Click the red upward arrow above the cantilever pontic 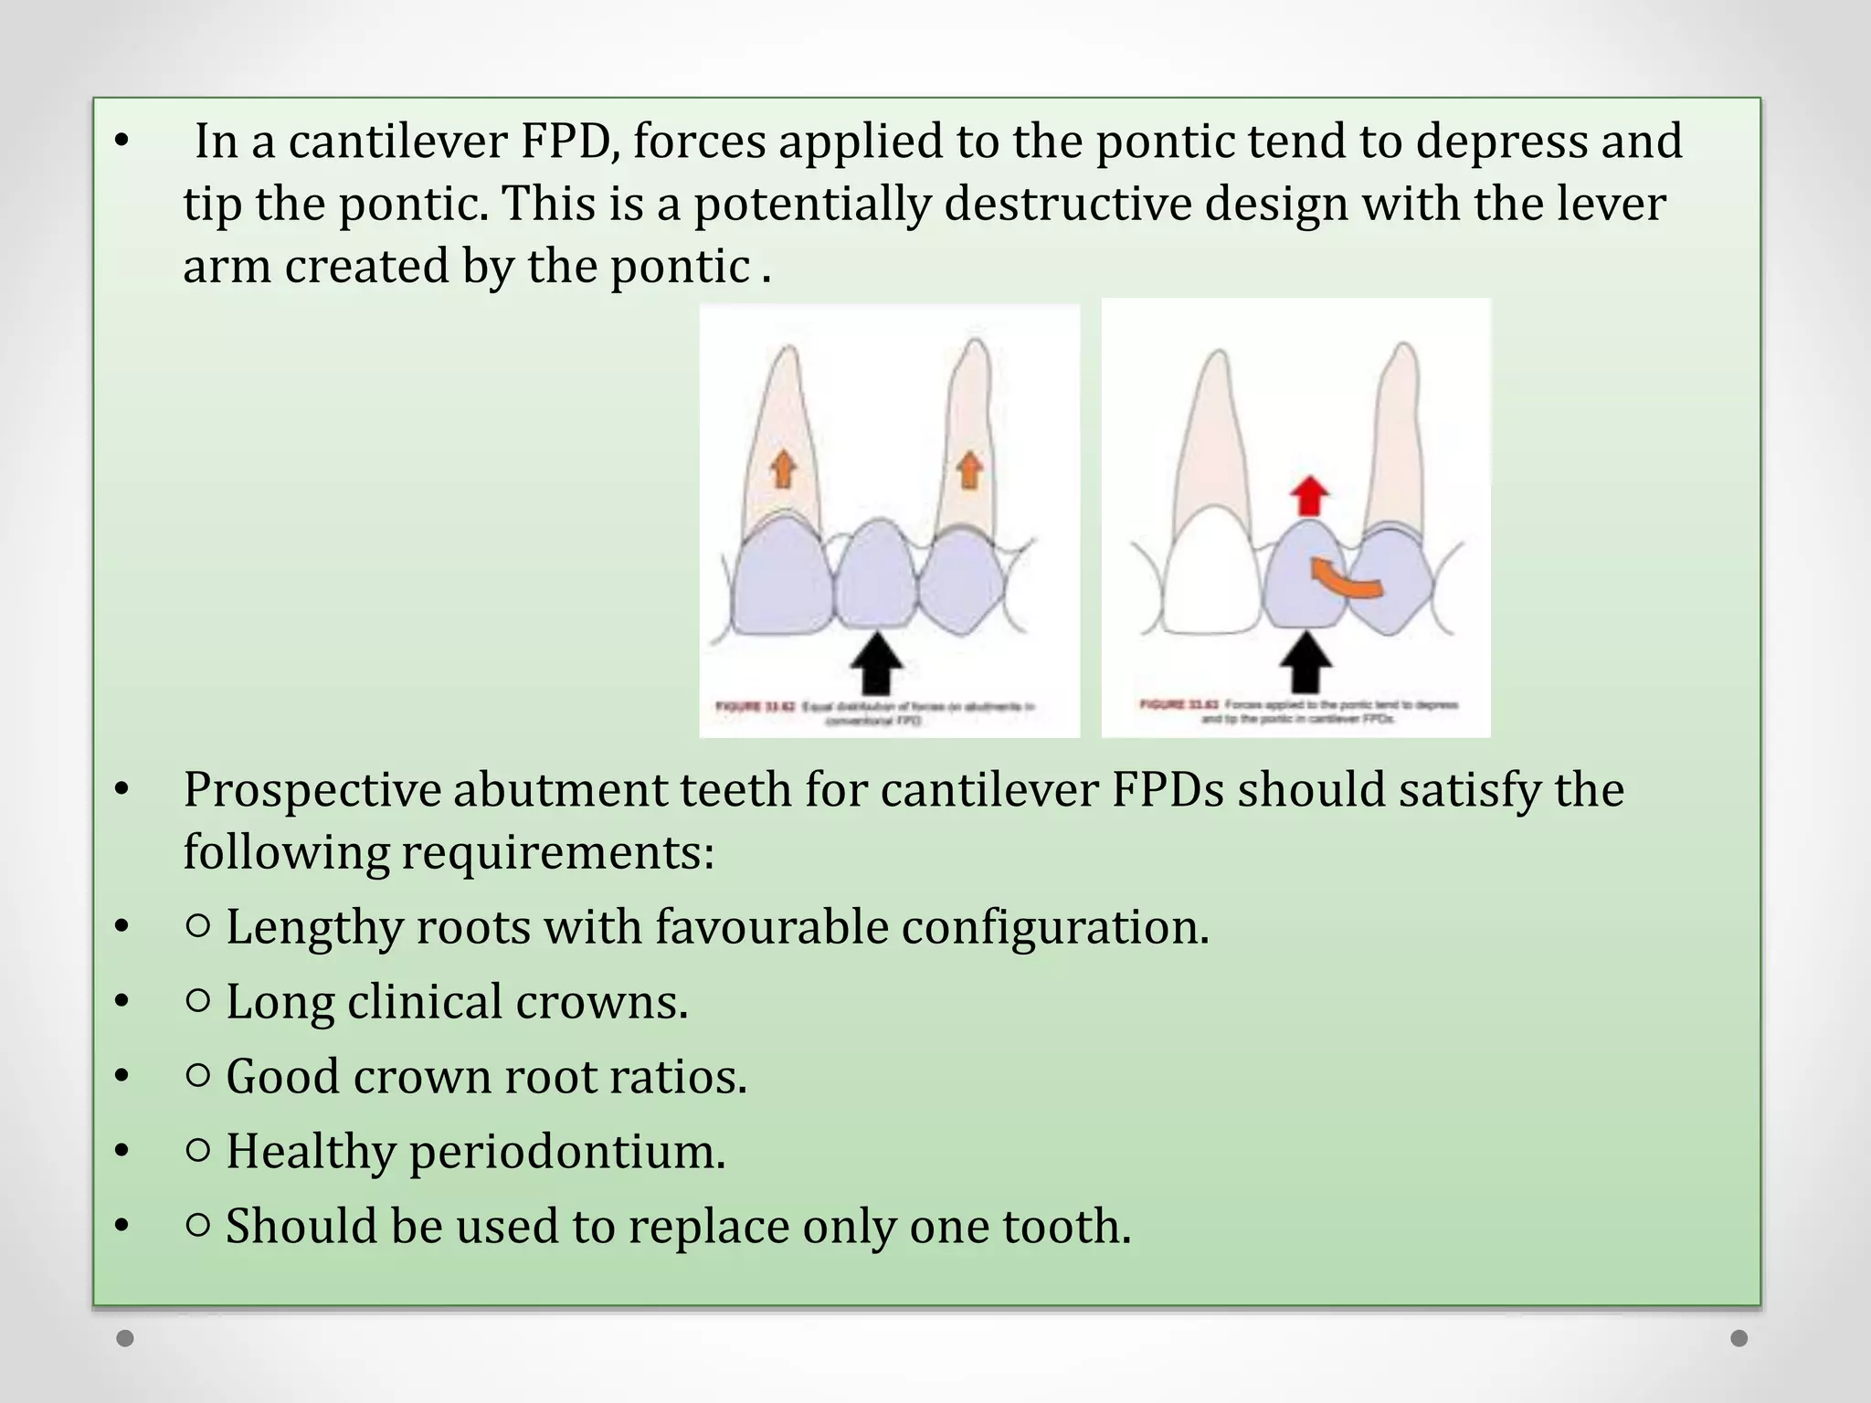(x=1309, y=496)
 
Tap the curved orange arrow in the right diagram (x=1345, y=581)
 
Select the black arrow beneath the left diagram (x=876, y=663)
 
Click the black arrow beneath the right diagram (x=1307, y=663)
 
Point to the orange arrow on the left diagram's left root (x=783, y=469)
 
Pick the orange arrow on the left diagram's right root (x=970, y=469)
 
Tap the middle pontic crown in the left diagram (x=876, y=574)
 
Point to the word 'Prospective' (x=312, y=790)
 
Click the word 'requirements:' (x=557, y=852)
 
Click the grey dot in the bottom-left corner (x=126, y=1338)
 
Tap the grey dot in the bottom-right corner (x=1739, y=1338)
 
